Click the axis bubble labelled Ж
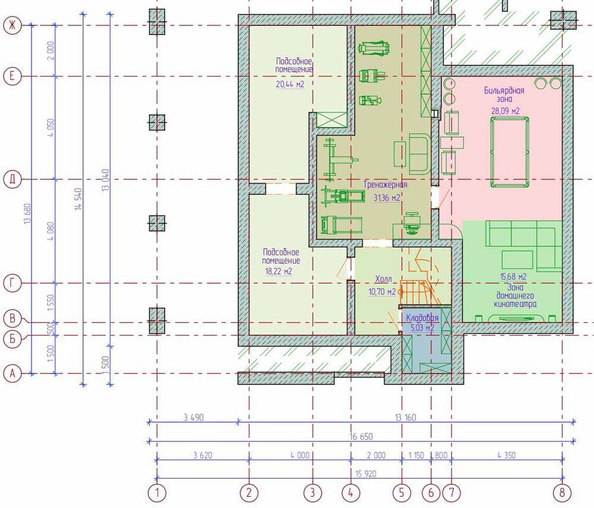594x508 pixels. click(12, 26)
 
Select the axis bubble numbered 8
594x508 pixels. click(562, 493)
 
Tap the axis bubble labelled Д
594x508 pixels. click(12, 179)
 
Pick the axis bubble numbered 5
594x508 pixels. click(402, 493)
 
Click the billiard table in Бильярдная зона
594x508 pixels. click(510, 152)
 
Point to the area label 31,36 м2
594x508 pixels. click(387, 198)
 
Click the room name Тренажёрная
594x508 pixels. click(386, 185)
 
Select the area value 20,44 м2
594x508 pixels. click(290, 84)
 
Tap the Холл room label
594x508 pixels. click(383, 280)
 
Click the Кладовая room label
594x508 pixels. click(422, 318)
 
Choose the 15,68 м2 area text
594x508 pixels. click(513, 277)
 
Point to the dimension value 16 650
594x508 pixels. click(361, 436)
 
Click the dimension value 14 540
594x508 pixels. click(78, 199)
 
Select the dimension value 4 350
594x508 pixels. click(507, 455)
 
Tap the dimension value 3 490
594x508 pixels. click(194, 418)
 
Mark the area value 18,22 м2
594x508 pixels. click(279, 271)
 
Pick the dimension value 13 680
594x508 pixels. click(27, 214)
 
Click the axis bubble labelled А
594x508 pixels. click(12, 374)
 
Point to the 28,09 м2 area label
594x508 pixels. click(505, 112)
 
